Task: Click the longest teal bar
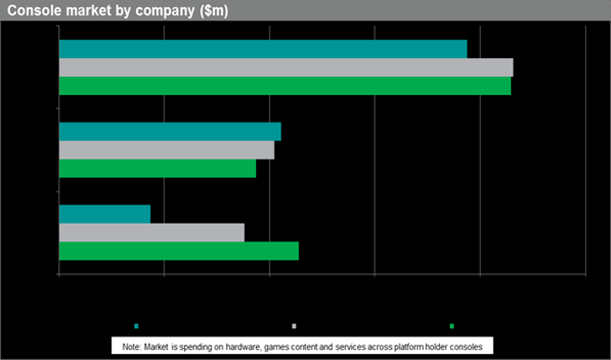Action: click(263, 49)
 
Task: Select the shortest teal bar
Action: click(104, 214)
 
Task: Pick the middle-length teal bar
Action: click(169, 132)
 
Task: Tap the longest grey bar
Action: click(286, 68)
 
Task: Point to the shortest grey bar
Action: click(151, 233)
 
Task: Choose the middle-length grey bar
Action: click(166, 150)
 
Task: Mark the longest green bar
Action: click(285, 86)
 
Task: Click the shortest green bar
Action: click(157, 168)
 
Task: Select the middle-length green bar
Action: click(179, 251)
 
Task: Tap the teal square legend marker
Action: click(136, 326)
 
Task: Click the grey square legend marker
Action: click(294, 326)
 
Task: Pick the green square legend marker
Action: click(452, 326)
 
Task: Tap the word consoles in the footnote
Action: click(465, 347)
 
